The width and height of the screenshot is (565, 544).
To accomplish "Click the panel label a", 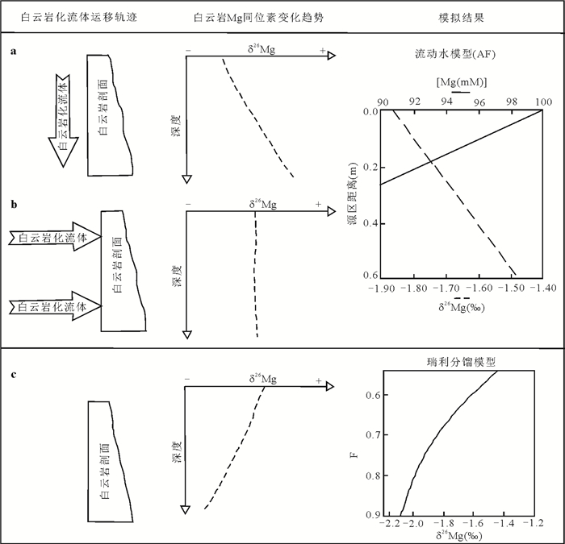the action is click(x=14, y=52).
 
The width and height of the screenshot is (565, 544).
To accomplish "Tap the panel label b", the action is click(x=14, y=205).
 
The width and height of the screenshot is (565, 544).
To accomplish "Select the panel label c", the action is click(x=14, y=375).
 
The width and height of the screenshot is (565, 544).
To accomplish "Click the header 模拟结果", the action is click(x=461, y=18).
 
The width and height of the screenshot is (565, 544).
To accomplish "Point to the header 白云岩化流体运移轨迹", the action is click(x=79, y=17).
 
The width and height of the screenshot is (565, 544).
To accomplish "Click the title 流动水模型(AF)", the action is click(x=455, y=54).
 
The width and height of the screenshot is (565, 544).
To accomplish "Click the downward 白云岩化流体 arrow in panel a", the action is click(x=64, y=121).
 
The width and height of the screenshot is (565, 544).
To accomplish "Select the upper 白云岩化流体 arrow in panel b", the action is click(x=55, y=237).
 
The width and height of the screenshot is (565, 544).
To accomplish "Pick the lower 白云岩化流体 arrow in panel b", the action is click(x=55, y=306).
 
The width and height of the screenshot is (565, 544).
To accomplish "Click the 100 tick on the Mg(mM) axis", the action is click(x=543, y=102).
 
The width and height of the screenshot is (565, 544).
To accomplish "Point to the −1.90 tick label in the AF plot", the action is click(x=382, y=289).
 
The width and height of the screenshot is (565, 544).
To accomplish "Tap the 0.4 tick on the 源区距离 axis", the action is click(x=370, y=223).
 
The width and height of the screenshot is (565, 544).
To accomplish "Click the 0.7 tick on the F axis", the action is click(x=373, y=435).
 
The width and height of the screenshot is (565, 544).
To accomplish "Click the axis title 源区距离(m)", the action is click(x=354, y=194).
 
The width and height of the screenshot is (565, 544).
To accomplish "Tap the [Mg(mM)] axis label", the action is click(x=462, y=82).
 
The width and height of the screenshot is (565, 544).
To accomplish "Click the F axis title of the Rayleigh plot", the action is click(x=354, y=455).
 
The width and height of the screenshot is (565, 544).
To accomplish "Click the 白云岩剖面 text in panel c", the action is click(x=105, y=471).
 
